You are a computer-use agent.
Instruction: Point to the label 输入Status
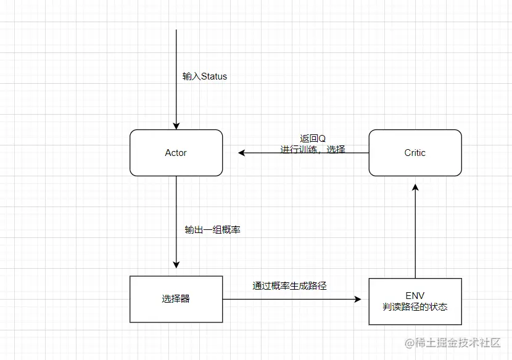tap(205, 76)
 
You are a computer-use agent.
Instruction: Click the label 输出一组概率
tap(212, 229)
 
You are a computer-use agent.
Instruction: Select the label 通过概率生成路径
tap(289, 285)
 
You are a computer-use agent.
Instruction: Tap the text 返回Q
tap(312, 138)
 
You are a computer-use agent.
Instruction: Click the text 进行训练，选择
tap(313, 149)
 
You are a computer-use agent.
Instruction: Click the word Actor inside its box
tap(176, 153)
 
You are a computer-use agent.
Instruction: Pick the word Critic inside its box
tap(415, 153)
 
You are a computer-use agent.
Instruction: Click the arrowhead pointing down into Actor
tap(176, 125)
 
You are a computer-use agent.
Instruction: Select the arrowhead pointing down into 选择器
tap(176, 264)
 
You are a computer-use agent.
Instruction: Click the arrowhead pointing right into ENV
tap(357, 299)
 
